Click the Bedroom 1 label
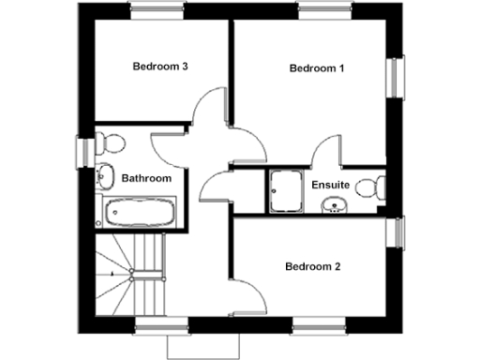click(x=316, y=68)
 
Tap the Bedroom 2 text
click(x=312, y=266)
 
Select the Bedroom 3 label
click(x=160, y=67)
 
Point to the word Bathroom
click(x=147, y=178)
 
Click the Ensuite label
click(x=331, y=185)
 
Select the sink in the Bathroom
click(x=102, y=175)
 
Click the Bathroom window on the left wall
click(x=81, y=151)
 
